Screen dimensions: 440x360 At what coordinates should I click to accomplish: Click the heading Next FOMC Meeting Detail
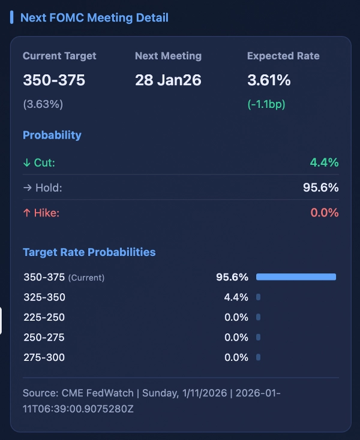point(94,17)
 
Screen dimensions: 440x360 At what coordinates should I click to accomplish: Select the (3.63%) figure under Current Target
point(43,104)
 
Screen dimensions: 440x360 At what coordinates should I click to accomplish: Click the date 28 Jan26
point(167,80)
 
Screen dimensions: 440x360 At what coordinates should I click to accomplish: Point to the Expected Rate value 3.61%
point(269,80)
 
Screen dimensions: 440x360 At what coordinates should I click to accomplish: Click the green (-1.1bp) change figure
point(266,104)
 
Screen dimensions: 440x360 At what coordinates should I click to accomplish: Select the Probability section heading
point(52,135)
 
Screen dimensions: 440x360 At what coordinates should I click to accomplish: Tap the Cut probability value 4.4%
point(324,162)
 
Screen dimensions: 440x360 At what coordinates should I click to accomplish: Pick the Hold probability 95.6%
point(320,188)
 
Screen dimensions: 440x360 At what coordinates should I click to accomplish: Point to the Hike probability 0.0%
point(324,212)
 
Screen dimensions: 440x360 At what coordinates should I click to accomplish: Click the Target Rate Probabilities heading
point(89,252)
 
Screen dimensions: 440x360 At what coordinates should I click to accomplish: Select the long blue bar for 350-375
point(296,277)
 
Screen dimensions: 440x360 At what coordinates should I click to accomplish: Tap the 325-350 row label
point(44,297)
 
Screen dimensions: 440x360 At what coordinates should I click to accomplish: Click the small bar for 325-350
point(258,297)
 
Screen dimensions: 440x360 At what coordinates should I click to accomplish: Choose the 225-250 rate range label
point(44,317)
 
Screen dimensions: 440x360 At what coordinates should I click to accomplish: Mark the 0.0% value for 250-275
point(236,337)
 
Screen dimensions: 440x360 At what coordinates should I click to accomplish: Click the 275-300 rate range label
point(44,357)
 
